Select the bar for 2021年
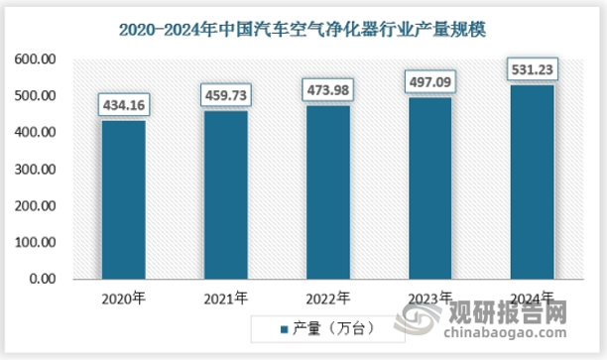[x=225, y=195]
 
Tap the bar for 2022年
[x=327, y=192]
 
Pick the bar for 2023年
[x=429, y=188]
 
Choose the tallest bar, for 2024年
[x=532, y=182]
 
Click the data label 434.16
[x=123, y=104]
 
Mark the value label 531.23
[x=532, y=69]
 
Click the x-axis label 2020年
[x=123, y=298]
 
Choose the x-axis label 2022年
[x=327, y=298]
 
